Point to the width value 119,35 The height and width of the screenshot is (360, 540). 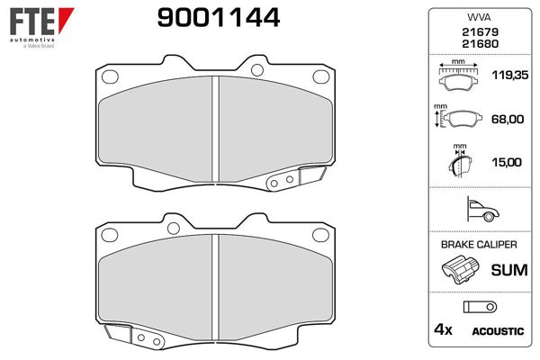click(x=505, y=76)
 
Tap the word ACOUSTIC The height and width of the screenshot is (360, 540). click(x=497, y=331)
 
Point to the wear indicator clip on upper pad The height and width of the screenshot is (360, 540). click(x=282, y=183)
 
